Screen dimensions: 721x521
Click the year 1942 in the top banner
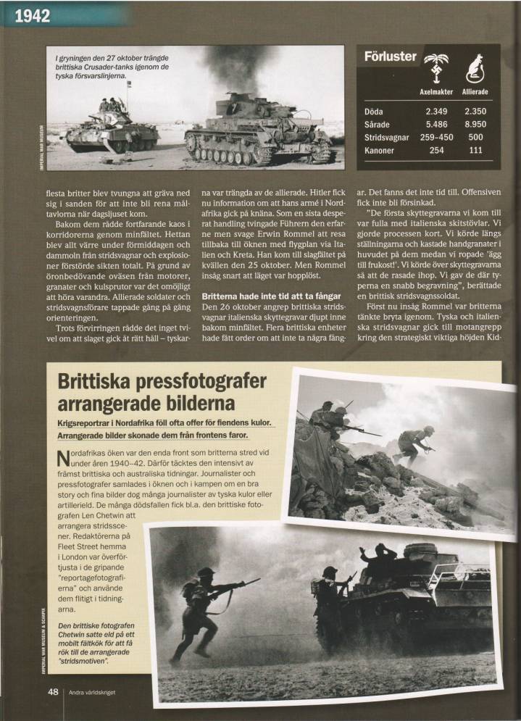(28, 14)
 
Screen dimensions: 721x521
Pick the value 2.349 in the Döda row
(436, 112)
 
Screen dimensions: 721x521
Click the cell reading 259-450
(436, 137)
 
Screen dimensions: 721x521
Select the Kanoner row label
(381, 150)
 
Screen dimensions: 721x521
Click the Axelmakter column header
(436, 92)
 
